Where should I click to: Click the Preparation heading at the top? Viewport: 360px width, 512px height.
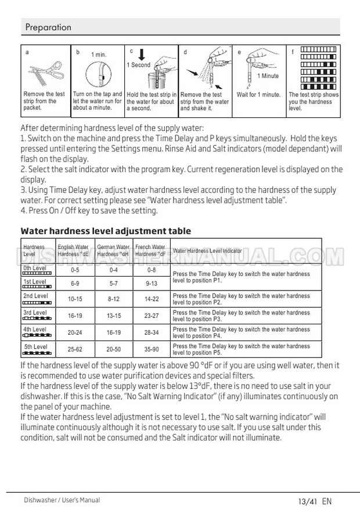pos(48,27)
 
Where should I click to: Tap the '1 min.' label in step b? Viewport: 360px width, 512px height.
pos(99,55)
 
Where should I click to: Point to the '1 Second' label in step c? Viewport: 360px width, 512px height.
pos(138,65)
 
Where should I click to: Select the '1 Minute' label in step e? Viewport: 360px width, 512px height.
pos(268,76)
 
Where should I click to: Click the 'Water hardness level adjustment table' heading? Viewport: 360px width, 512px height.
pos(106,231)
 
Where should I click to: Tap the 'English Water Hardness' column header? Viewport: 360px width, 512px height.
pos(73,250)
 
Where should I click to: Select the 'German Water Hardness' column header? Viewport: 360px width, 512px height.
pos(113,250)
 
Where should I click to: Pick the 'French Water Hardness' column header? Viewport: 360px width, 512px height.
pos(150,250)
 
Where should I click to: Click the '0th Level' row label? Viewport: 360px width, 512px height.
pos(35,268)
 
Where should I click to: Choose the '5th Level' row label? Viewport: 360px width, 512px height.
pos(35,347)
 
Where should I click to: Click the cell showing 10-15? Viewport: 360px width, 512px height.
pos(75,299)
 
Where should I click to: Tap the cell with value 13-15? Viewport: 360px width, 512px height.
pos(113,316)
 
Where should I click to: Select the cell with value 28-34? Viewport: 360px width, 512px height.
pos(151,332)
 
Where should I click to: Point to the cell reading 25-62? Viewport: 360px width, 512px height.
pos(75,350)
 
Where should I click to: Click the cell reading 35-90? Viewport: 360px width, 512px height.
pos(151,350)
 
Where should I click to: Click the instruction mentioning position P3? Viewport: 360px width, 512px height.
pos(241,316)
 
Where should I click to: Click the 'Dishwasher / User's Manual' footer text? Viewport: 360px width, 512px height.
pos(62,500)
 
